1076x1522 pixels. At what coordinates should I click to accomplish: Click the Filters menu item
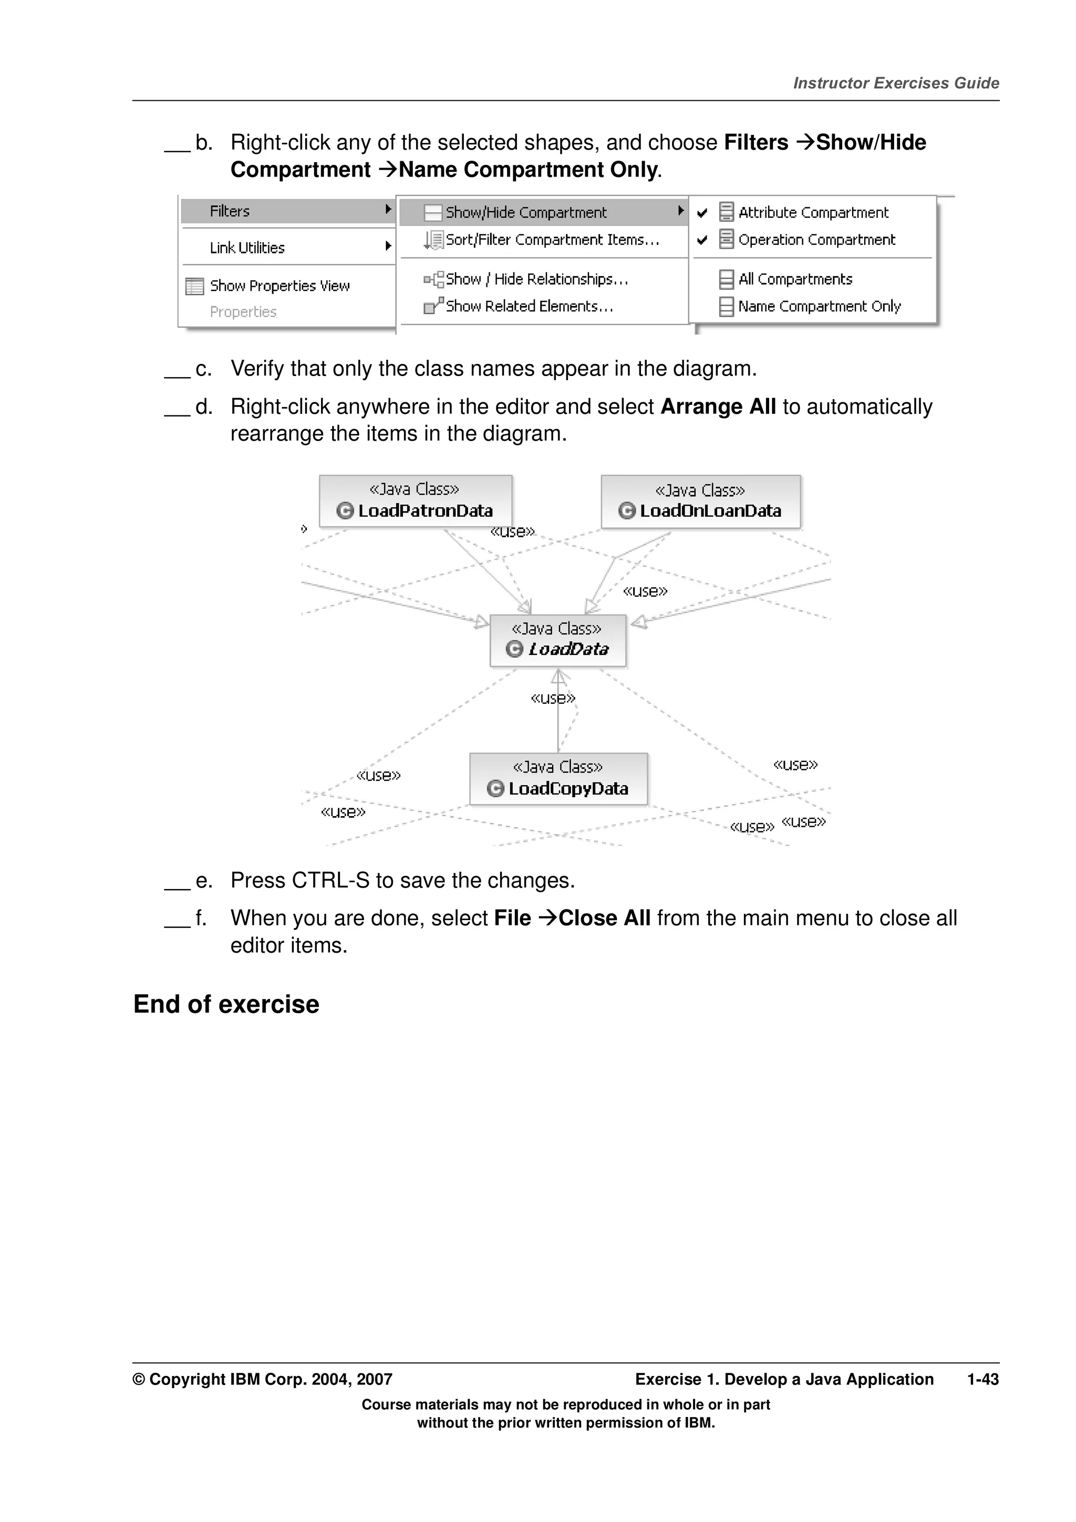pos(230,212)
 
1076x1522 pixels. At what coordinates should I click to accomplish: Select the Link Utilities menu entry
pos(247,247)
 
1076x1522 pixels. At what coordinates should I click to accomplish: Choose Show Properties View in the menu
pos(279,286)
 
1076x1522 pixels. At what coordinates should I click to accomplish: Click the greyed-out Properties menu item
pos(243,311)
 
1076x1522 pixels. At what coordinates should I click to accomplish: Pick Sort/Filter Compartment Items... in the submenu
pos(552,240)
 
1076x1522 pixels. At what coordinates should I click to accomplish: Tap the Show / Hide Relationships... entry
pos(536,279)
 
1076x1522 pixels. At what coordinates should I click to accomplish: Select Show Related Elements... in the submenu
pos(529,306)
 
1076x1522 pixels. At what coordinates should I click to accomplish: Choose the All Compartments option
pos(795,279)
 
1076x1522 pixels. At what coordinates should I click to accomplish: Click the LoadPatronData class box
pos(416,501)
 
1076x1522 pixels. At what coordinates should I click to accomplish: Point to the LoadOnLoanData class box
pos(701,502)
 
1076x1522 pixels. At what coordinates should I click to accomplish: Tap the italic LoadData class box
pos(557,640)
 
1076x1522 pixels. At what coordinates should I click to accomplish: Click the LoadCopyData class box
pos(558,779)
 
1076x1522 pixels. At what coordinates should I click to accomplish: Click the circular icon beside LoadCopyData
pos(495,788)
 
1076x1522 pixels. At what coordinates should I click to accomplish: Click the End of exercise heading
pos(226,1004)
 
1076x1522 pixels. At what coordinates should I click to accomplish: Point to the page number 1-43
pos(982,1380)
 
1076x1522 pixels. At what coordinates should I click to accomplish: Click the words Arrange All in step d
pos(718,406)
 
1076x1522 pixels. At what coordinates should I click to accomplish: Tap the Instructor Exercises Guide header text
pos(896,83)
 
